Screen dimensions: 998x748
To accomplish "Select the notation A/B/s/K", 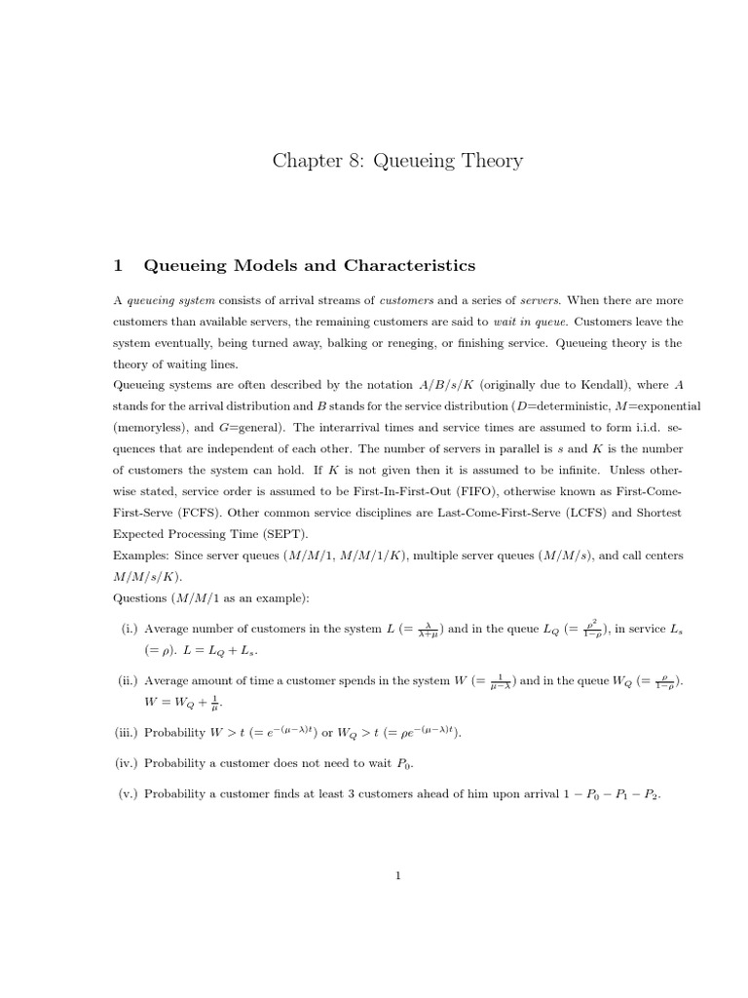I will coord(347,385).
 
